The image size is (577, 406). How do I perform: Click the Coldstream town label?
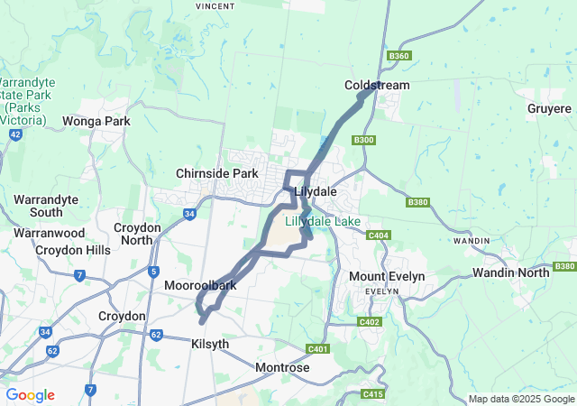(x=377, y=86)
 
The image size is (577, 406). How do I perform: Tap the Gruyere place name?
(x=549, y=109)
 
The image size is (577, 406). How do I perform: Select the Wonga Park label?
(x=96, y=121)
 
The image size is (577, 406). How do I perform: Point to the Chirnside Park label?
(x=217, y=173)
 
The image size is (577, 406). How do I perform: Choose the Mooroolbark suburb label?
(x=200, y=285)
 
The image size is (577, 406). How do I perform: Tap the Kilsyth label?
(x=210, y=345)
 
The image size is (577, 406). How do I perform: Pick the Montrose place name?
(x=282, y=368)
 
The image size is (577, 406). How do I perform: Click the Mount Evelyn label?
(x=387, y=276)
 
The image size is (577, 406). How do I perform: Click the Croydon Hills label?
(x=71, y=250)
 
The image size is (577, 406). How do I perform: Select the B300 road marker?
(x=364, y=140)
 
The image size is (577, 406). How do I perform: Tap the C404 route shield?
(x=379, y=235)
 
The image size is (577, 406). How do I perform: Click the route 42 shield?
(x=15, y=134)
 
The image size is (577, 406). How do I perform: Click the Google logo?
(x=30, y=395)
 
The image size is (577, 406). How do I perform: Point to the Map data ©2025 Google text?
(x=520, y=400)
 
